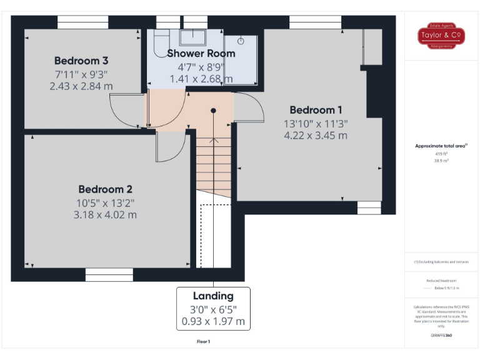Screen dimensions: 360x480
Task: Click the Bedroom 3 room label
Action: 81,61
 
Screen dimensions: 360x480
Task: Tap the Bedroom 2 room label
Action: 105,189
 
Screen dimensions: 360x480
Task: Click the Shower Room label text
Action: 201,53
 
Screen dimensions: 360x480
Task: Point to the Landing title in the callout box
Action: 213,296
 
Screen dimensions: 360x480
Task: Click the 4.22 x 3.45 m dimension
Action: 316,135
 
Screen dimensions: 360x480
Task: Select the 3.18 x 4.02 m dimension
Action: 105,214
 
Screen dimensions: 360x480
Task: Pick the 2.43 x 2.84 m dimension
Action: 81,86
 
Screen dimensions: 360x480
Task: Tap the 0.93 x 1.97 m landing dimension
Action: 213,322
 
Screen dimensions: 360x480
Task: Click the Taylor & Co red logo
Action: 442,36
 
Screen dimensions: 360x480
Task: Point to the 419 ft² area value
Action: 442,154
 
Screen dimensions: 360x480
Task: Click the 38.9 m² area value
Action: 442,161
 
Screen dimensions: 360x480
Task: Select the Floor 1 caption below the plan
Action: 203,342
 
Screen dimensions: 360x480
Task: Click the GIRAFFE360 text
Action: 442,336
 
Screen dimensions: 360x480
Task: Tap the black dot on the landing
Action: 213,110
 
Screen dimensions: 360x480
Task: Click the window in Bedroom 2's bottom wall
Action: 109,274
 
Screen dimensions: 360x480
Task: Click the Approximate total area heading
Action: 441,146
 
